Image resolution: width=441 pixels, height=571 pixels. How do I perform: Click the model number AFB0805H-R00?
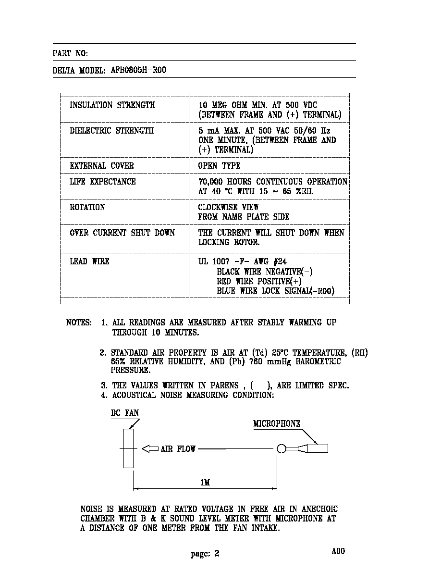(138, 70)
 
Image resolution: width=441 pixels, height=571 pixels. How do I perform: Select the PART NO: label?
(70, 53)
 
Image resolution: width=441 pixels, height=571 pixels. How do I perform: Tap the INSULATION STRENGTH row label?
(112, 105)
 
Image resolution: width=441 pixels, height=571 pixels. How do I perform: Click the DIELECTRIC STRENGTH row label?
(112, 131)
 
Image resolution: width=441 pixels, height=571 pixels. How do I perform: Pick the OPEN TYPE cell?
(219, 166)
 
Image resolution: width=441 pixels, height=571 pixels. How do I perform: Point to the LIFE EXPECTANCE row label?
(103, 182)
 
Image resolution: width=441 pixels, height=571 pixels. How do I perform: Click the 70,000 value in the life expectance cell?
(210, 182)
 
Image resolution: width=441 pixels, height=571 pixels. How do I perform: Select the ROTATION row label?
(87, 207)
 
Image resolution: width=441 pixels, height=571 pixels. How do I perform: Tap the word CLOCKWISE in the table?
(218, 207)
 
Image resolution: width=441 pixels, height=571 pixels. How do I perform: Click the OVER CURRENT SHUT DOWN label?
(122, 233)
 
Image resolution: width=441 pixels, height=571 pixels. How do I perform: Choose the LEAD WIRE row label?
(89, 261)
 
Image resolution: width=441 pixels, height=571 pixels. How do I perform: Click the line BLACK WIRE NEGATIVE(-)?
(265, 272)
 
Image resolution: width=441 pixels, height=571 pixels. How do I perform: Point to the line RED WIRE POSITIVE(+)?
(259, 281)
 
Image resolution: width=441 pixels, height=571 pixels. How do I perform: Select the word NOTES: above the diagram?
(79, 323)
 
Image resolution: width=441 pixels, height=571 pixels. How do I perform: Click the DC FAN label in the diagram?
(125, 413)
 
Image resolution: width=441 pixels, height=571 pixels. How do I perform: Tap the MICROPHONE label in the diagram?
(277, 423)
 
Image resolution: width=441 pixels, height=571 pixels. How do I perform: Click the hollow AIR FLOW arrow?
(150, 448)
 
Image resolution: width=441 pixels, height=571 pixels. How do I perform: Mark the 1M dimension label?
(205, 483)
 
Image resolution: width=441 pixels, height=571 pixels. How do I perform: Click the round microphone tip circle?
(281, 448)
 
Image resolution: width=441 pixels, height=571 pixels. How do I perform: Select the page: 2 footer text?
(205, 554)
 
